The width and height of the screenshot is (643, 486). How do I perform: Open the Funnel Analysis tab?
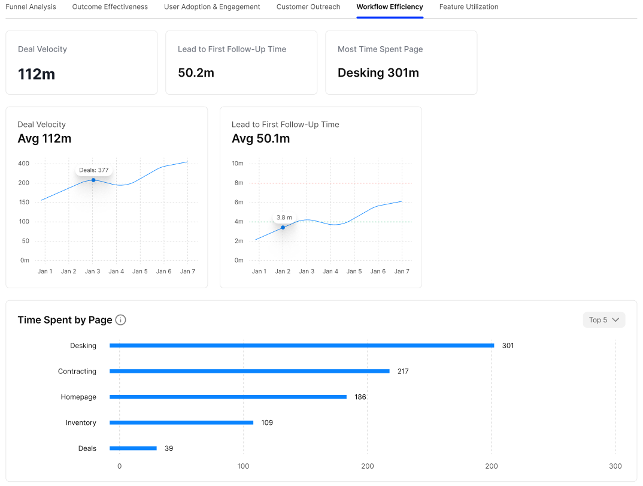(31, 7)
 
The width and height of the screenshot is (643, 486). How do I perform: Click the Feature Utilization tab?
(469, 7)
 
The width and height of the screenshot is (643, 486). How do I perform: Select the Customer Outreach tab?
(308, 7)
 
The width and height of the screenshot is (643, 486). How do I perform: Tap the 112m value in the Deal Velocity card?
(37, 74)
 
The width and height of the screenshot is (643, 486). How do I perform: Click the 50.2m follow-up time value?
(196, 73)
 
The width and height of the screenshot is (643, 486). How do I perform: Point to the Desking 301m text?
(378, 73)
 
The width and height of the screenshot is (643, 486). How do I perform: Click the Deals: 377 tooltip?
(94, 170)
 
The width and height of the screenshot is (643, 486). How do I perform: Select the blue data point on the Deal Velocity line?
(93, 180)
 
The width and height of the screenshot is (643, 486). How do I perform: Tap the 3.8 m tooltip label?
(284, 218)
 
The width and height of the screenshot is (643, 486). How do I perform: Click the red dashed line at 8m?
(330, 183)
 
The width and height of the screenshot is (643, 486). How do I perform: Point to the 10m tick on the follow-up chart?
(238, 164)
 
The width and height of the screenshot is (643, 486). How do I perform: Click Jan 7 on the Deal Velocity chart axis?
(187, 271)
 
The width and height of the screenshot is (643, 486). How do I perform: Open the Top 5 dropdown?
(604, 320)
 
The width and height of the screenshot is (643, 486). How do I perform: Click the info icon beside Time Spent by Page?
(120, 320)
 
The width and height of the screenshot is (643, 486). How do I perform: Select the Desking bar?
(302, 346)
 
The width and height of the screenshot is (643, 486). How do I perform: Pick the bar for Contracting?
(249, 371)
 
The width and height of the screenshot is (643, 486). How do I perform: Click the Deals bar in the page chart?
(133, 448)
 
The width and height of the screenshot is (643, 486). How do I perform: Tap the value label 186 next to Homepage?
(360, 397)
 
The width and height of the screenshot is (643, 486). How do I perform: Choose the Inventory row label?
(81, 423)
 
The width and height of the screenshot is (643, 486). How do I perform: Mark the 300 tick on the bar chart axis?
(615, 466)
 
